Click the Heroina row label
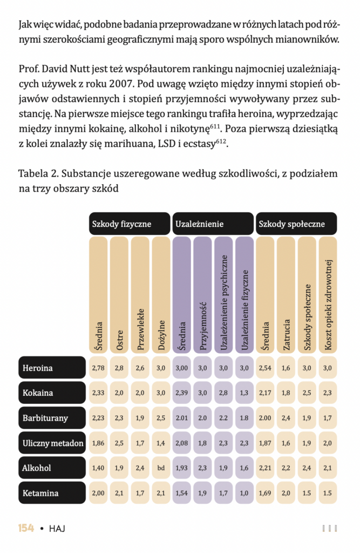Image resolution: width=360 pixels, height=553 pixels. point(52,368)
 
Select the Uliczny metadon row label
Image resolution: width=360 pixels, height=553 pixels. point(52,443)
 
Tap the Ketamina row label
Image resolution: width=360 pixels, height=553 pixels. point(52,493)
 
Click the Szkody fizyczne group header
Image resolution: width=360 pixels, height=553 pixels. point(129,224)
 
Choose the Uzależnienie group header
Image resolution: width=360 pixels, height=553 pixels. point(213,224)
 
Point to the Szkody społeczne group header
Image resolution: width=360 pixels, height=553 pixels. point(296,224)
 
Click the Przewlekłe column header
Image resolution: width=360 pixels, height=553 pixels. point(140,295)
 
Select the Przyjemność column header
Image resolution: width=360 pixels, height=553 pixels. point(202,295)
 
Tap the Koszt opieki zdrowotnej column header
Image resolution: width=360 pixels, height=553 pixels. point(328,295)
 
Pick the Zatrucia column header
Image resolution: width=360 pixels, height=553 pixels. point(286,295)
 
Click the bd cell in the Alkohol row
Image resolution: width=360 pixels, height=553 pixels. point(161,468)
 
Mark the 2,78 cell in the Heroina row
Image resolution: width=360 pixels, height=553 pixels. point(98,368)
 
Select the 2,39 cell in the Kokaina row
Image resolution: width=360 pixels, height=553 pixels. point(182,393)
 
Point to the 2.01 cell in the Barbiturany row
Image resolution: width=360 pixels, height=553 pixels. point(182,417)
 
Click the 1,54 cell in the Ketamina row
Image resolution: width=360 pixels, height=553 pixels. point(182,493)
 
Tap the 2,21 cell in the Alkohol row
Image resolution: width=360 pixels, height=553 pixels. point(265,468)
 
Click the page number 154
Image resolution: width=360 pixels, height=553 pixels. point(26,528)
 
